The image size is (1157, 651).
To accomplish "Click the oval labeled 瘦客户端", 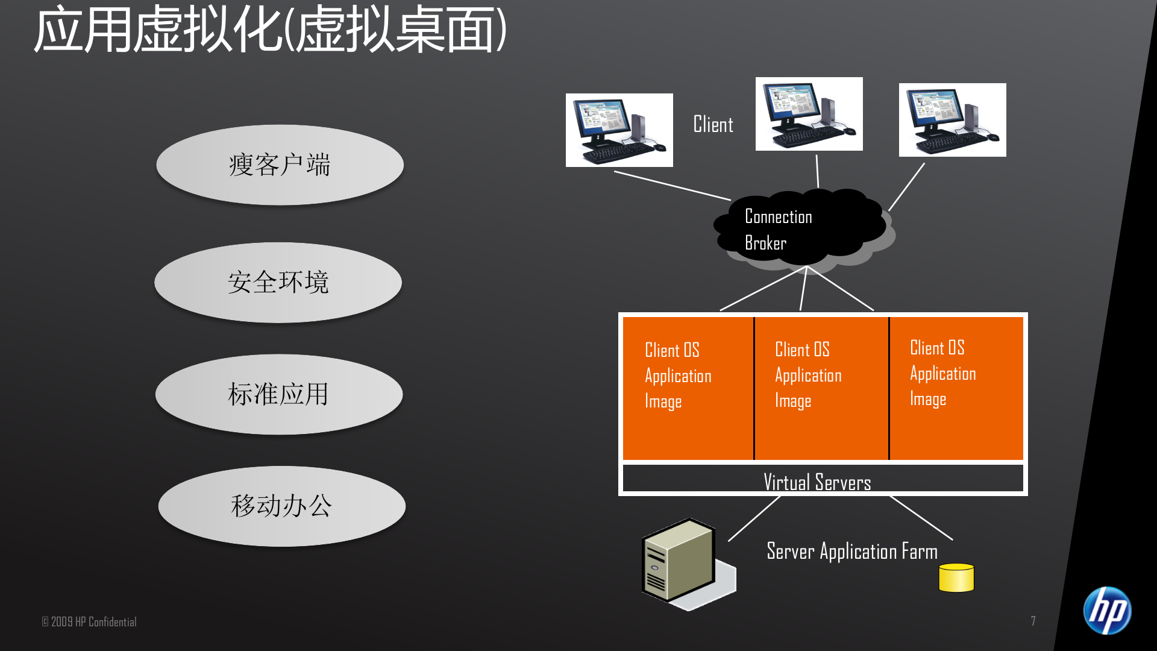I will pos(280,165).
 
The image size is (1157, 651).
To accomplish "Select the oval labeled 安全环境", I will pos(278,282).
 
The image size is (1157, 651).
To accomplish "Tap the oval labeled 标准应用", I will pos(278,394).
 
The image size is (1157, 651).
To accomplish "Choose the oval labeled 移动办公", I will pos(281,506).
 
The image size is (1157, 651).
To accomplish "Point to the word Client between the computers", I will pos(713,125).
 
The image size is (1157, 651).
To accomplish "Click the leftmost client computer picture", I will pos(619,130).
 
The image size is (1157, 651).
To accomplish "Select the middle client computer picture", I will pos(809,114).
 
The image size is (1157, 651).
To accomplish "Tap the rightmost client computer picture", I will pos(952,120).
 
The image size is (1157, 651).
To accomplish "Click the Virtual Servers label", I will pos(817,482).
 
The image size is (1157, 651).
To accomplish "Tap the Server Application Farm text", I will pos(851,551).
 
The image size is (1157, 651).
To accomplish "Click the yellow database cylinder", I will pos(956,577).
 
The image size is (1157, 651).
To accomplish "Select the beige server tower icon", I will pos(680,561).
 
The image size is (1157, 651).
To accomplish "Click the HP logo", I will pos(1107,610).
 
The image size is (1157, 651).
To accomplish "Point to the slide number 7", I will pos(1033,621).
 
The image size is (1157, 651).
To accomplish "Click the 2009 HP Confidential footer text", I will pos(89,621).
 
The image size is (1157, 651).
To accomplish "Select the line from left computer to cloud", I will pos(672,186).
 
